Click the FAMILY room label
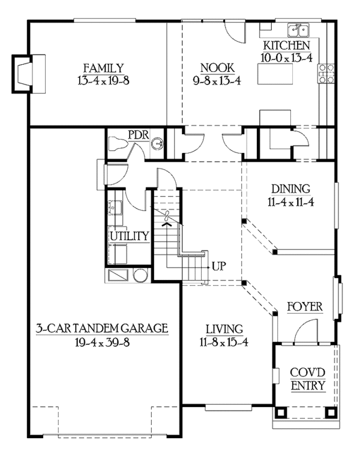103,68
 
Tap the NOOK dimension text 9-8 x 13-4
217,81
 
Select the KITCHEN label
287,46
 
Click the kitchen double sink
298,30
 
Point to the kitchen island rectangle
275,74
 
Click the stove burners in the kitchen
327,74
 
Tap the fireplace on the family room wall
28,74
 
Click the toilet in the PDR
118,143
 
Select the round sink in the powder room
157,143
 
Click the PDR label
139,135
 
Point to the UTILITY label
130,236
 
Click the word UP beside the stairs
219,266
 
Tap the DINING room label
290,189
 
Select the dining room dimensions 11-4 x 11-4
290,202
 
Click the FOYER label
305,307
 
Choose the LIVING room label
224,329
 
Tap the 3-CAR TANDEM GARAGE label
102,328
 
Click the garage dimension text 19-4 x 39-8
102,342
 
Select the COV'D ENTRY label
308,379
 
